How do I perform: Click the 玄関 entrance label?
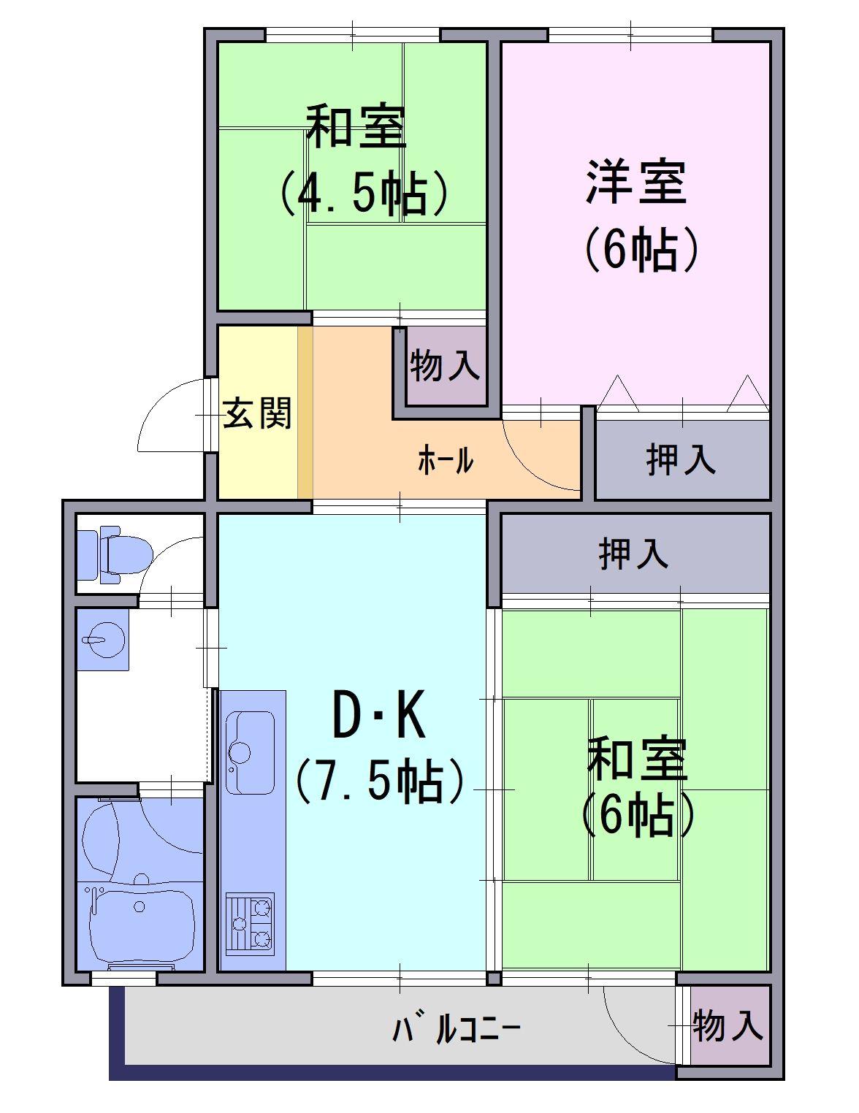[257, 413]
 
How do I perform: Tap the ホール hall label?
[446, 460]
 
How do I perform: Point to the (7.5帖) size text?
[380, 782]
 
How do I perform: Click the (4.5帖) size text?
[364, 193]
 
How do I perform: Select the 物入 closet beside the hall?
[446, 366]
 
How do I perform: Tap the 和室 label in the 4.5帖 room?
[356, 126]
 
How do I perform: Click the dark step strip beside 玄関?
[305, 413]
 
